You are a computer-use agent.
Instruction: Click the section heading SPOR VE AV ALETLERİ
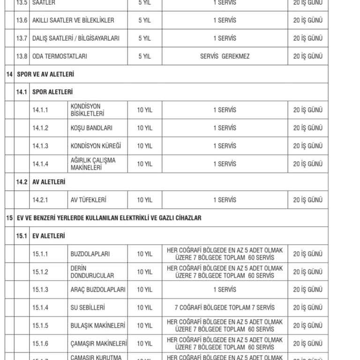[45, 74]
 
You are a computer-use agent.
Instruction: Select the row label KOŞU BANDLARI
[91, 128]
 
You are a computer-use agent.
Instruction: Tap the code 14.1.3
[40, 146]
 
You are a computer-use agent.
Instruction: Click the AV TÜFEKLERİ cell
[88, 200]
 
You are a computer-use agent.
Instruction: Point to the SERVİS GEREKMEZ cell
[225, 56]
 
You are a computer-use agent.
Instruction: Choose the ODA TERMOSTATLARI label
[60, 56]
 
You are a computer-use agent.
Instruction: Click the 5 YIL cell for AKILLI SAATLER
[144, 21]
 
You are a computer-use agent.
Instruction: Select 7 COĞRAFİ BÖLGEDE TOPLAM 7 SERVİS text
[225, 307]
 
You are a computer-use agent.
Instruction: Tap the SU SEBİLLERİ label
[87, 307]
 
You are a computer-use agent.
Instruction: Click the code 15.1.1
[40, 254]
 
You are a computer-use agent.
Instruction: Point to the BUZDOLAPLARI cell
[90, 254]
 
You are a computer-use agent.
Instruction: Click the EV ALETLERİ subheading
[49, 236]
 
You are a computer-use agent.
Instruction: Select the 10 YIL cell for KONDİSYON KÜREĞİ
[144, 146]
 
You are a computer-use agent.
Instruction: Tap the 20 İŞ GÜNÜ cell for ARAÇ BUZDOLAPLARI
[308, 290]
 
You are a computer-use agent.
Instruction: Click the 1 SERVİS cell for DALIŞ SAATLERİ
[225, 38]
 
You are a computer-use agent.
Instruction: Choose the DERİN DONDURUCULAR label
[92, 272]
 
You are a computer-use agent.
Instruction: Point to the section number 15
[9, 218]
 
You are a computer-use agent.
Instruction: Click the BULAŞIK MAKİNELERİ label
[97, 325]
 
